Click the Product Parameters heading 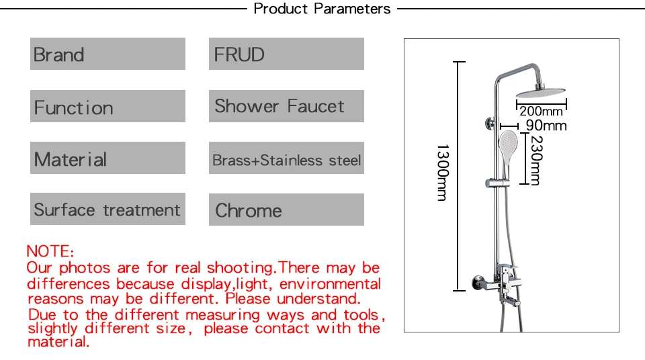[x=322, y=9]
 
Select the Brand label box [x=107, y=54]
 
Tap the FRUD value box [x=286, y=54]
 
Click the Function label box [x=107, y=107]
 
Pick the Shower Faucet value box [x=286, y=106]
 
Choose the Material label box [x=107, y=159]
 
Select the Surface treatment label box [x=107, y=210]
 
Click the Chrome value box [x=286, y=210]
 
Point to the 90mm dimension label [x=546, y=126]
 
